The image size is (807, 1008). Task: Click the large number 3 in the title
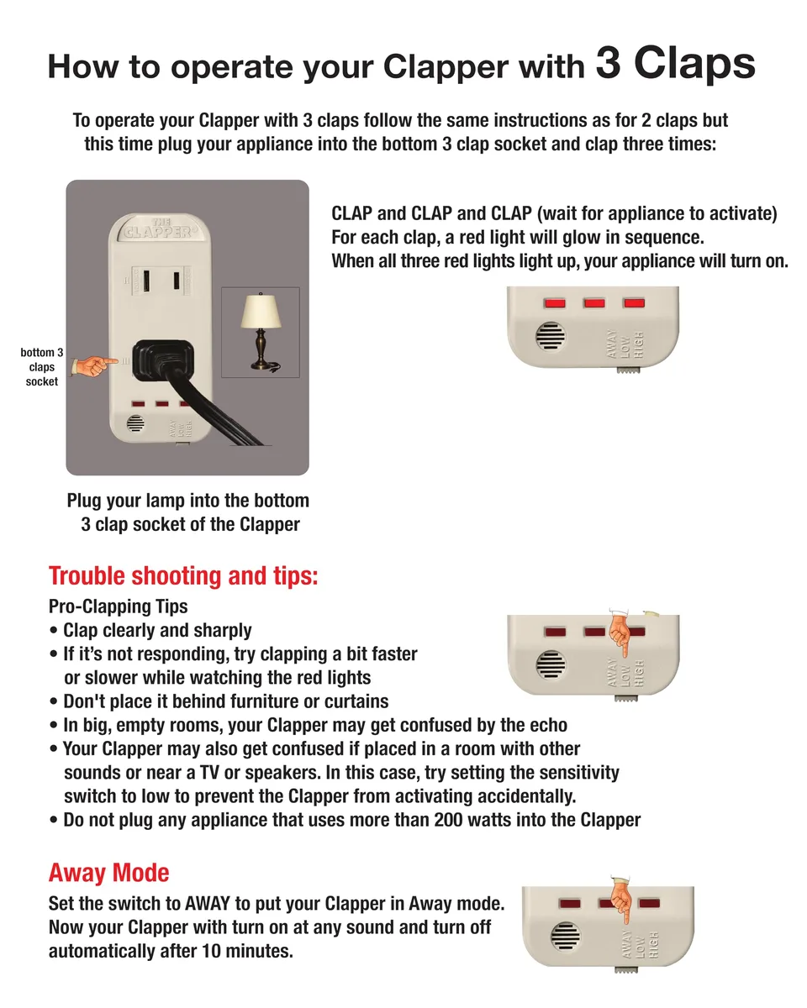609,62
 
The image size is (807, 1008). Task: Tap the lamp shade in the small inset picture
261,311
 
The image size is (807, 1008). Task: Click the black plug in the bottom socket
163,360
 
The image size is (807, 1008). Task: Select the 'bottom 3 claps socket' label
42,367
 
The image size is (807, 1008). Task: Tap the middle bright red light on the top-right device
594,303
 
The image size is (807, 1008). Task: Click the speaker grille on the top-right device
551,336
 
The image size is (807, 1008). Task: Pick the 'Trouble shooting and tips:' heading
183,575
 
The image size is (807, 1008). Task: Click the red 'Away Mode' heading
108,872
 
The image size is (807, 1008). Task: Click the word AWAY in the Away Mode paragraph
208,903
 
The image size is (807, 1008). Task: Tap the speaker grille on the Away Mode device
566,936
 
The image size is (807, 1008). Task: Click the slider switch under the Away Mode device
625,969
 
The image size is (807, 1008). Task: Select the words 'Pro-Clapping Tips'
119,606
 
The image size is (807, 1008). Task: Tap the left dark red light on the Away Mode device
570,903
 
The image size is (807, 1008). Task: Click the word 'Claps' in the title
694,63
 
